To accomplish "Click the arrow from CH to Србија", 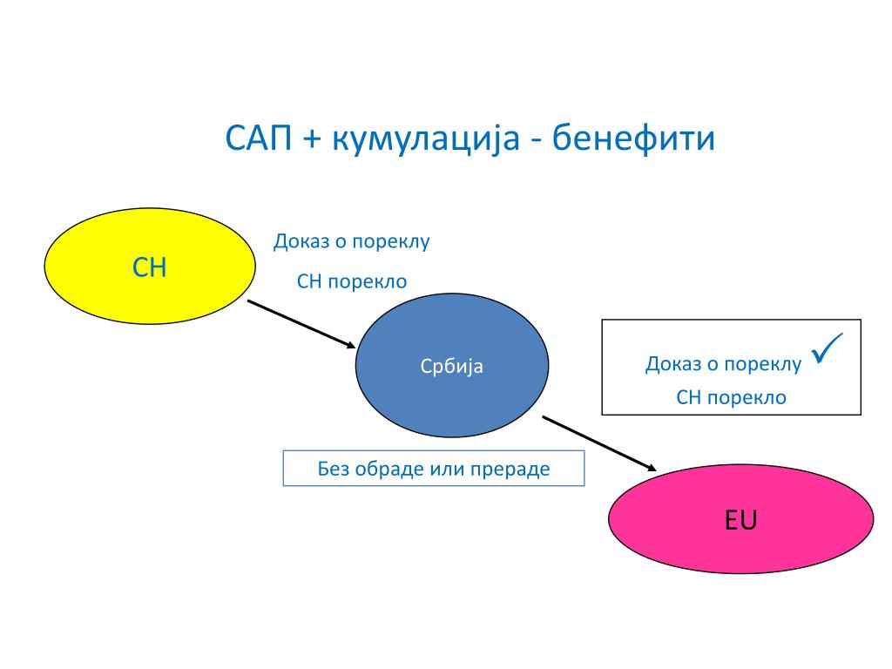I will click(x=301, y=325).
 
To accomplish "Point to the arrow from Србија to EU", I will click(x=598, y=443).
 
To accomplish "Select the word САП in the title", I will click(x=257, y=139).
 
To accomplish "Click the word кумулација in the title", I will click(x=421, y=139).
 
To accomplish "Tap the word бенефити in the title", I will click(x=634, y=139).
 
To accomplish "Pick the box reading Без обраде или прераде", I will click(x=434, y=469).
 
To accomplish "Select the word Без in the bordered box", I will click(x=334, y=469).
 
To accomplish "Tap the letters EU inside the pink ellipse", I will click(x=740, y=521).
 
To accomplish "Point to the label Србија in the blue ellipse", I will click(x=452, y=367).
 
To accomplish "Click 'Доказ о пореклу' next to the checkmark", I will click(x=723, y=364).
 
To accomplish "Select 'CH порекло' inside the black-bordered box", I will click(x=731, y=398).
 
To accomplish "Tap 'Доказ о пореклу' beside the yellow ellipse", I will click(x=352, y=241).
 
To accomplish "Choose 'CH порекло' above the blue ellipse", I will click(x=352, y=281).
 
